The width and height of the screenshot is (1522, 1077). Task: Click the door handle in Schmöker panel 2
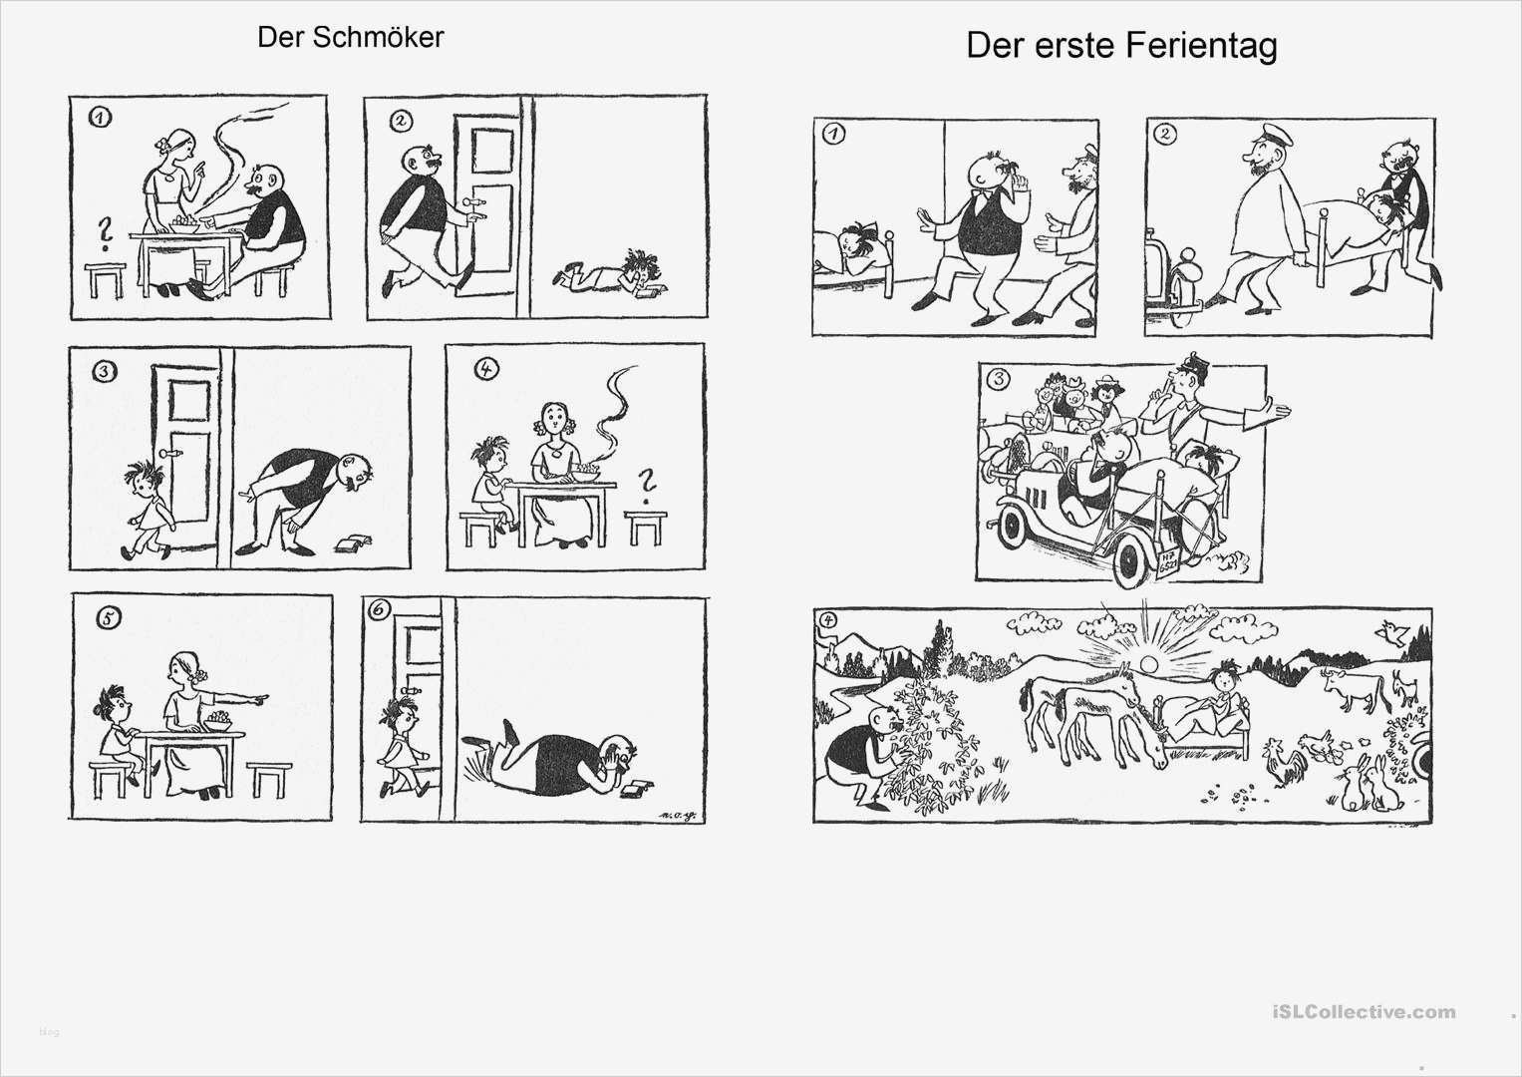[476, 207]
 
